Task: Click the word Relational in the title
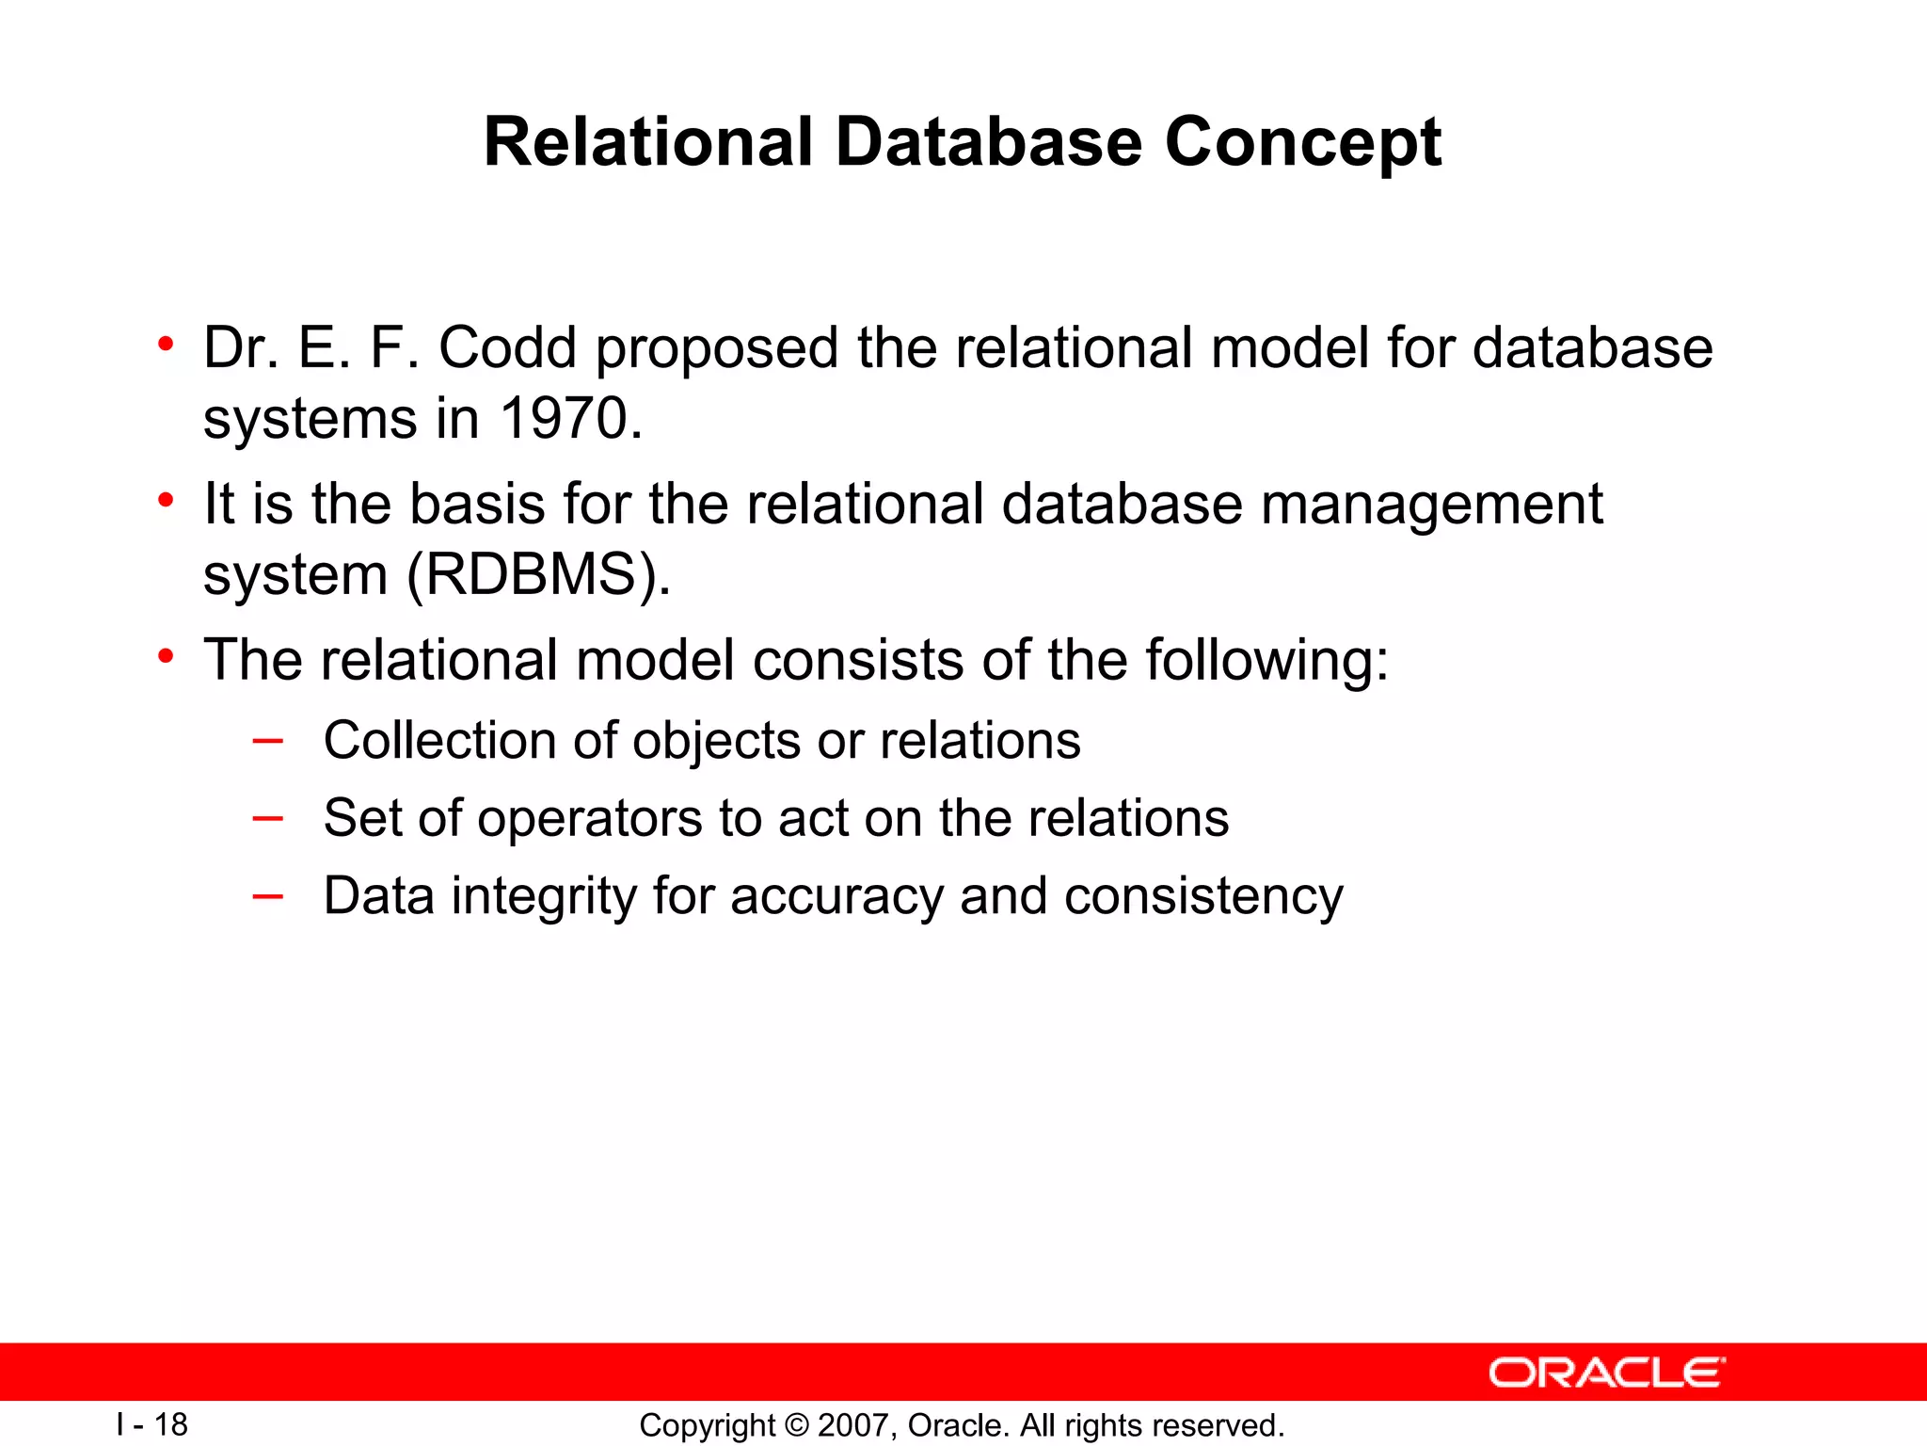point(647,143)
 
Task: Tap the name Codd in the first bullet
point(507,347)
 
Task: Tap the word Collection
point(439,740)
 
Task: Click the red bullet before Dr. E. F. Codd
point(166,345)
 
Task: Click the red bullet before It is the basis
point(166,501)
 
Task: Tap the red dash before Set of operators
point(268,818)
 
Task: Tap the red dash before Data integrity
point(268,896)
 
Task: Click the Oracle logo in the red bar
point(1606,1373)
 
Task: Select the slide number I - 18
point(152,1424)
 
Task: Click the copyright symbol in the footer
point(796,1425)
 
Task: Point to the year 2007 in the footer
point(851,1425)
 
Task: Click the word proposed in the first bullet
point(716,349)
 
